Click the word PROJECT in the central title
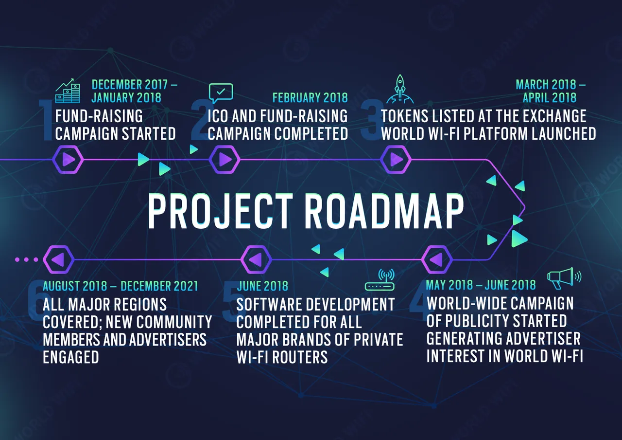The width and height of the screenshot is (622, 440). tap(220, 211)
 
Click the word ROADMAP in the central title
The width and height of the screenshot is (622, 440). tap(384, 211)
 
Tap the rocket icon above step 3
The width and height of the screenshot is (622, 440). tap(400, 89)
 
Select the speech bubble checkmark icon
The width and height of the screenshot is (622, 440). tap(221, 93)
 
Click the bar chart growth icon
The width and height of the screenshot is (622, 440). tap(68, 91)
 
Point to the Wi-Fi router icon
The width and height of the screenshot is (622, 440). tap(380, 280)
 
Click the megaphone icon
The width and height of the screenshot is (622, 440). tap(564, 278)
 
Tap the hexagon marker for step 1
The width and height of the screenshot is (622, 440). tap(68, 160)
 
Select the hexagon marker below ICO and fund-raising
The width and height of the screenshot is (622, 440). tap(225, 160)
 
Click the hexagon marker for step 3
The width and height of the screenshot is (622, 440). tap(396, 160)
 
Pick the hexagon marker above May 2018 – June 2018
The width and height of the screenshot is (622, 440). tap(437, 259)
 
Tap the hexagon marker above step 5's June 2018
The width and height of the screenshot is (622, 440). tap(256, 259)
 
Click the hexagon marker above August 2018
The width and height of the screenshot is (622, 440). tap(59, 259)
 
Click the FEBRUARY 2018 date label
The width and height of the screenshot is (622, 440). tap(310, 98)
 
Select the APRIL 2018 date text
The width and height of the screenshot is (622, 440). tap(550, 98)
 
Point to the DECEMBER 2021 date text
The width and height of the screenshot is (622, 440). tap(159, 286)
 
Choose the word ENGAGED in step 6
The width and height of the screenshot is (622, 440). tap(71, 357)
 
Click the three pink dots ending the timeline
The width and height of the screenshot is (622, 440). tap(26, 259)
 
